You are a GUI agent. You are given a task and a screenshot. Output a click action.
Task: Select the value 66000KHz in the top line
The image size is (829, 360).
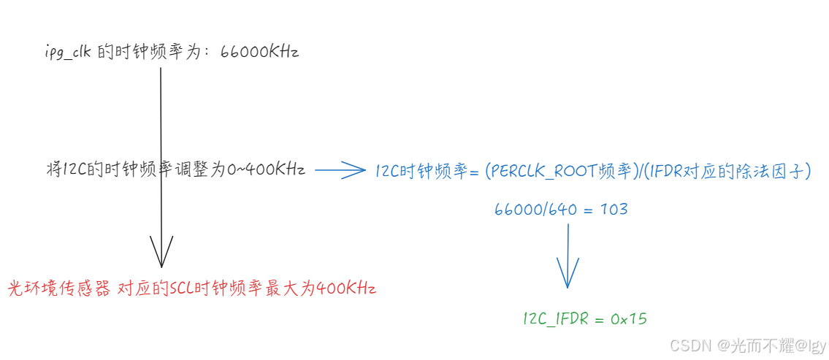tap(259, 52)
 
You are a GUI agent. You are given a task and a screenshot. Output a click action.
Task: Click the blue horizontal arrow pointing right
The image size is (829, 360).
tap(340, 171)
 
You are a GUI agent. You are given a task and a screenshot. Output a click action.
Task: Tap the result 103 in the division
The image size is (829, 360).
tap(614, 210)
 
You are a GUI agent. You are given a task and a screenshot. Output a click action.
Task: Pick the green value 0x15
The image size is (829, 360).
tap(629, 318)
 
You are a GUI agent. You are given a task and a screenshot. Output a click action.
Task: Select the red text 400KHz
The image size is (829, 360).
tap(346, 288)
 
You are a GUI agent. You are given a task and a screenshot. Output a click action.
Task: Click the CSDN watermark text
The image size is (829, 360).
tap(690, 345)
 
